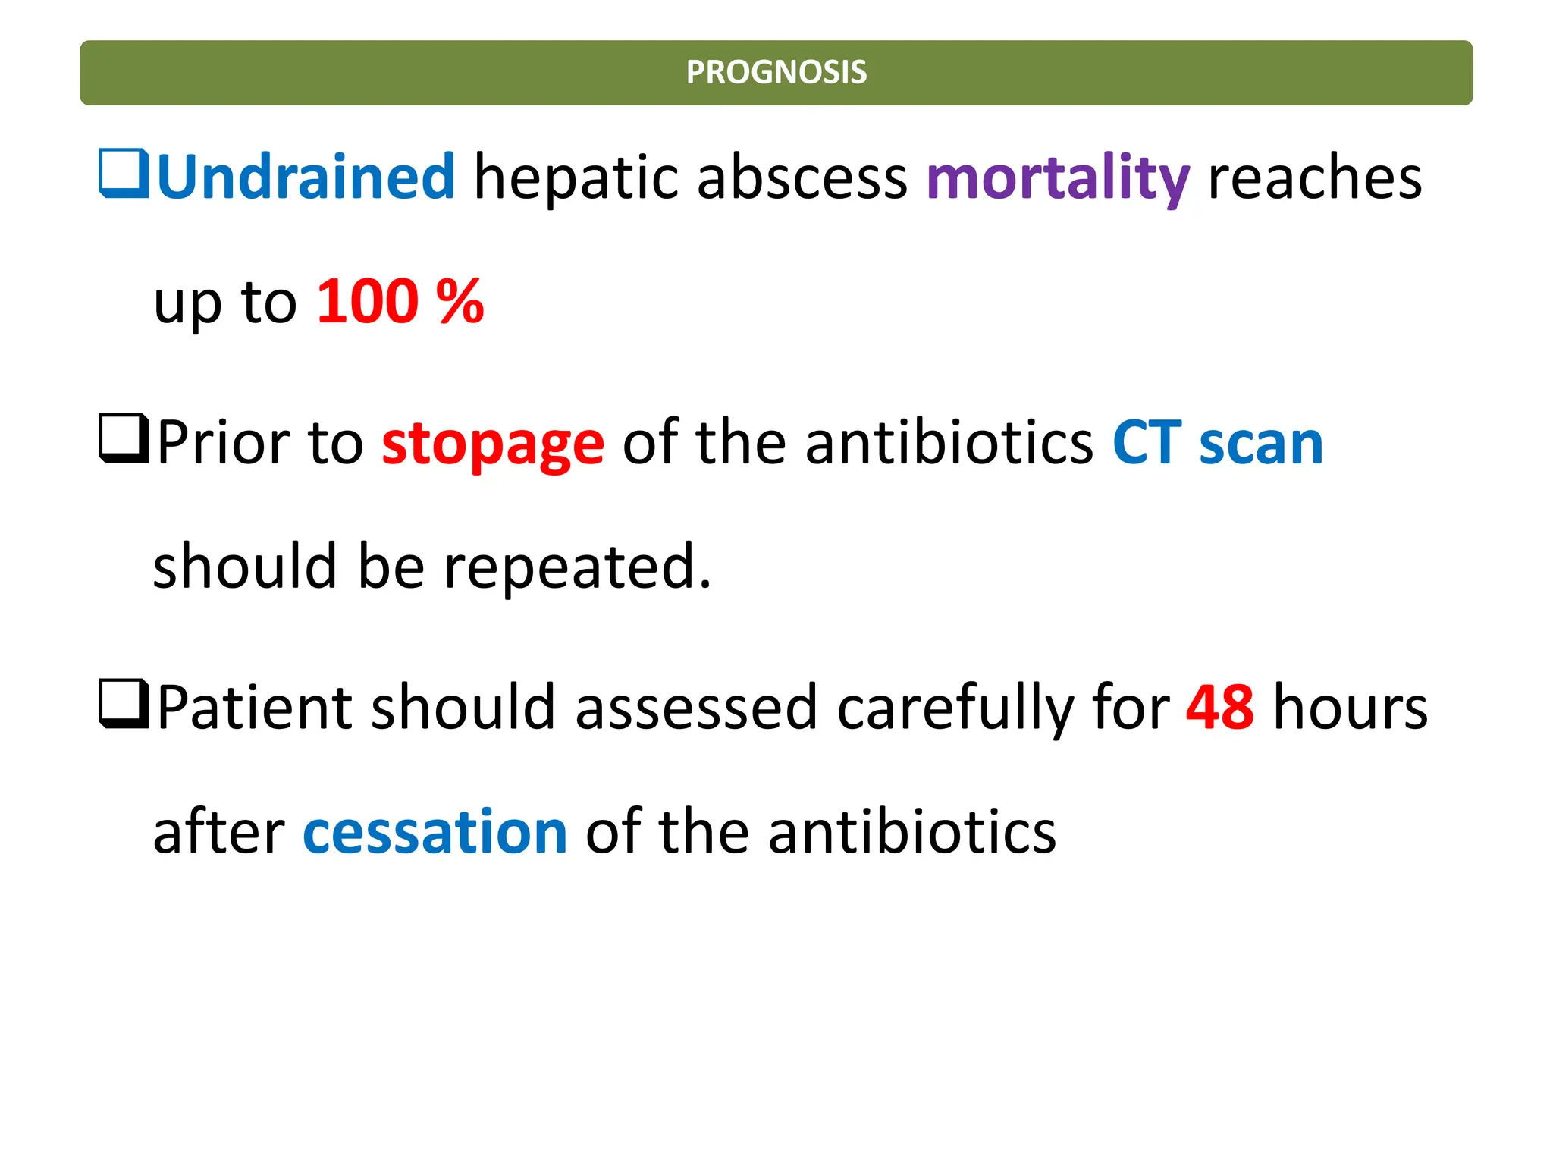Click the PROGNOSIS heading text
(776, 73)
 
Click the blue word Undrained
(306, 177)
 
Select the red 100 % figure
(400, 302)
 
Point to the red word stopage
(493, 443)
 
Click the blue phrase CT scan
(1217, 443)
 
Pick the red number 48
(1219, 707)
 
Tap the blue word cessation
(435, 832)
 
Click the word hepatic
(576, 178)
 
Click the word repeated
(577, 567)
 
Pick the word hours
(1350, 707)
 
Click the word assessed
(695, 707)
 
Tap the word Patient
(255, 707)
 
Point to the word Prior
(223, 443)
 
